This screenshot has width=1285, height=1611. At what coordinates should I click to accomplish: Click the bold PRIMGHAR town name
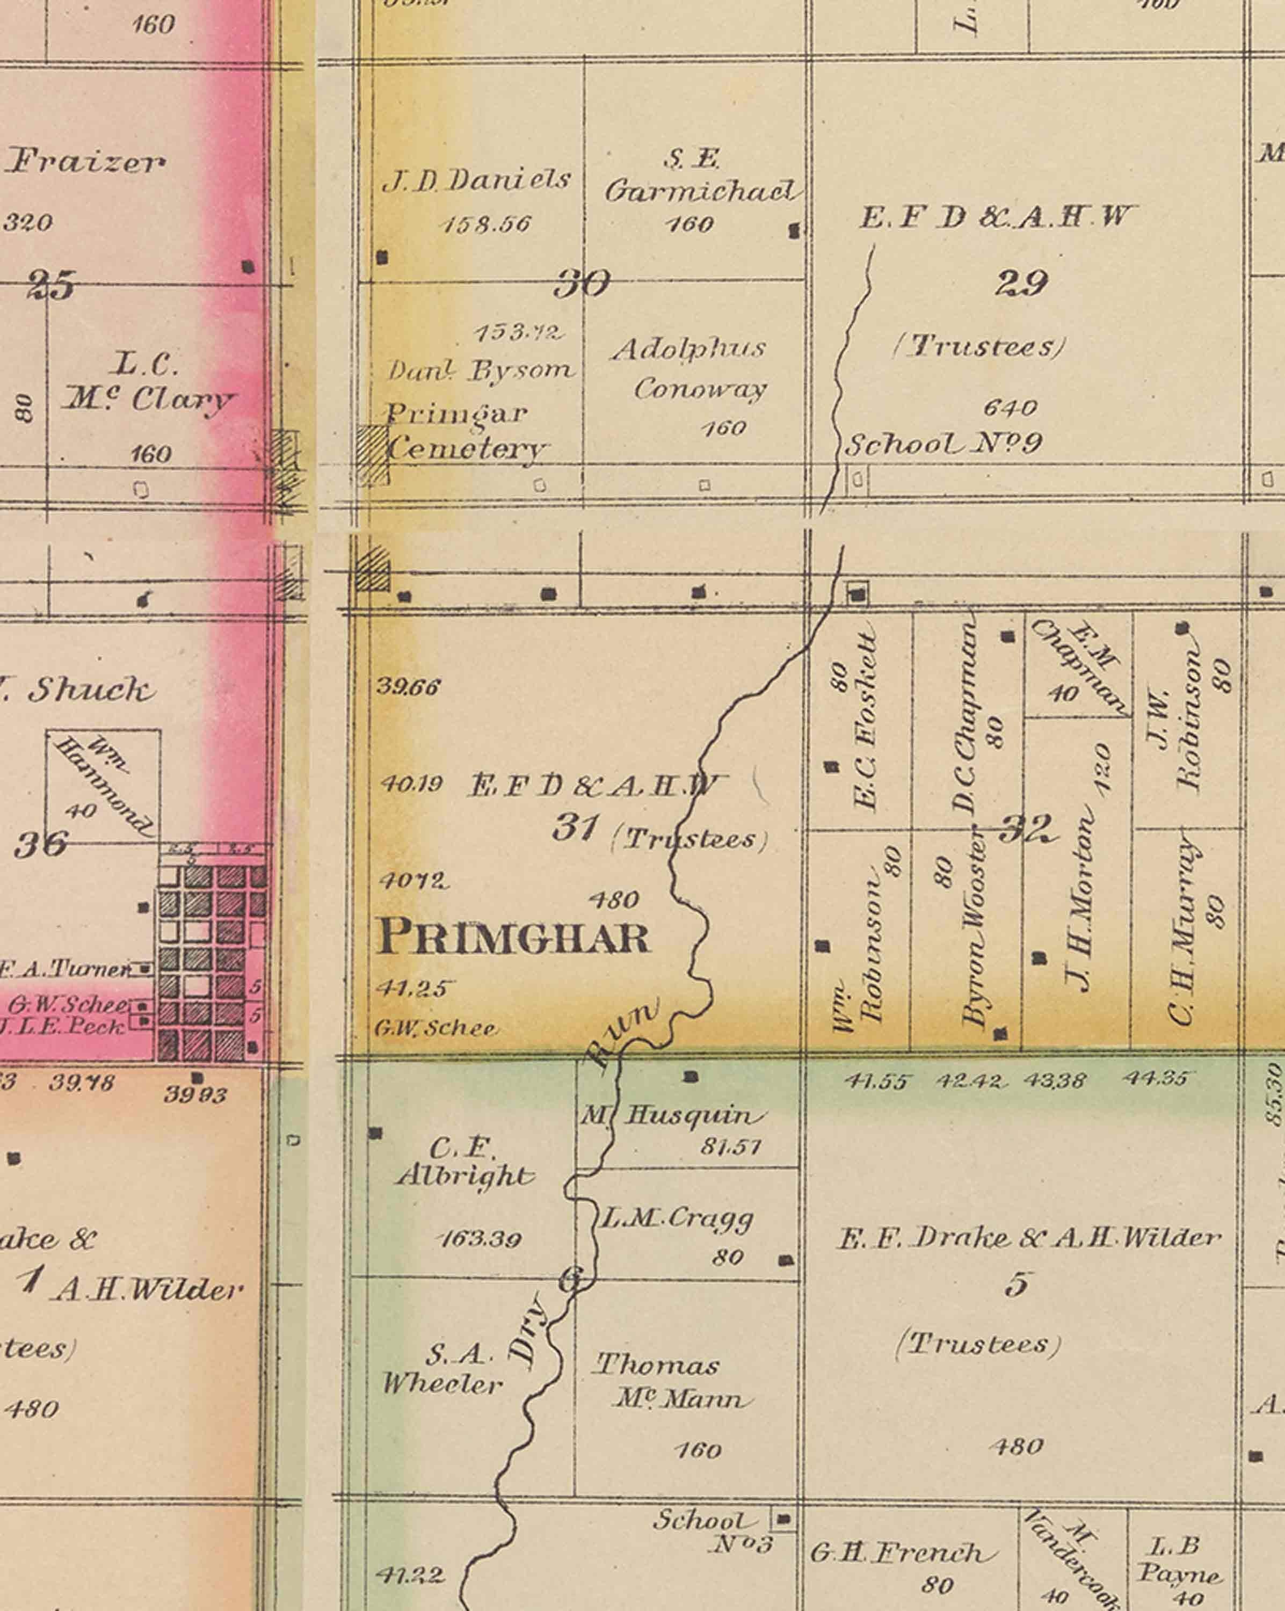[514, 937]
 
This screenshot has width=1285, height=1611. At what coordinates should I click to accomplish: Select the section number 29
[1021, 283]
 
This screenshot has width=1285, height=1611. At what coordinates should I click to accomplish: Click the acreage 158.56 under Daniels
[487, 224]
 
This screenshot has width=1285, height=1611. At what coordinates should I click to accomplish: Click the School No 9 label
[943, 445]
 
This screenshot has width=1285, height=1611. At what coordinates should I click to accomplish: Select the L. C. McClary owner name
[147, 384]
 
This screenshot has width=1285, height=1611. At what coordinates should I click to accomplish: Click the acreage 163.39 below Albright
[479, 1239]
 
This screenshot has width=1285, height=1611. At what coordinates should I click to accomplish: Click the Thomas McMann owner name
[670, 1381]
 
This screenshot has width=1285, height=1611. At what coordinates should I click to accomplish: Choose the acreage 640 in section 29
[1010, 407]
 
